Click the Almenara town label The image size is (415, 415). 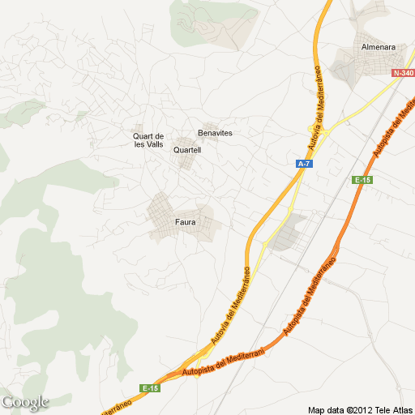[x=379, y=47]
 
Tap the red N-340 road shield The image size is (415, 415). [x=403, y=73]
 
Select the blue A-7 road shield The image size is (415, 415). [x=303, y=164]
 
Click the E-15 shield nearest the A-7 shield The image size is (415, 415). [x=362, y=180]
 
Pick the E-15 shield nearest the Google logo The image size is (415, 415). [x=149, y=388]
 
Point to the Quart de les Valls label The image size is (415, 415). [x=148, y=139]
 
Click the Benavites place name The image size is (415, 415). [x=215, y=132]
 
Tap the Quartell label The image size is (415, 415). [x=187, y=150]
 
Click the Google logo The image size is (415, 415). [x=25, y=402]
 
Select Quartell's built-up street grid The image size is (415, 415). [x=187, y=160]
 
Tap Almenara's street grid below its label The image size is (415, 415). [x=357, y=69]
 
